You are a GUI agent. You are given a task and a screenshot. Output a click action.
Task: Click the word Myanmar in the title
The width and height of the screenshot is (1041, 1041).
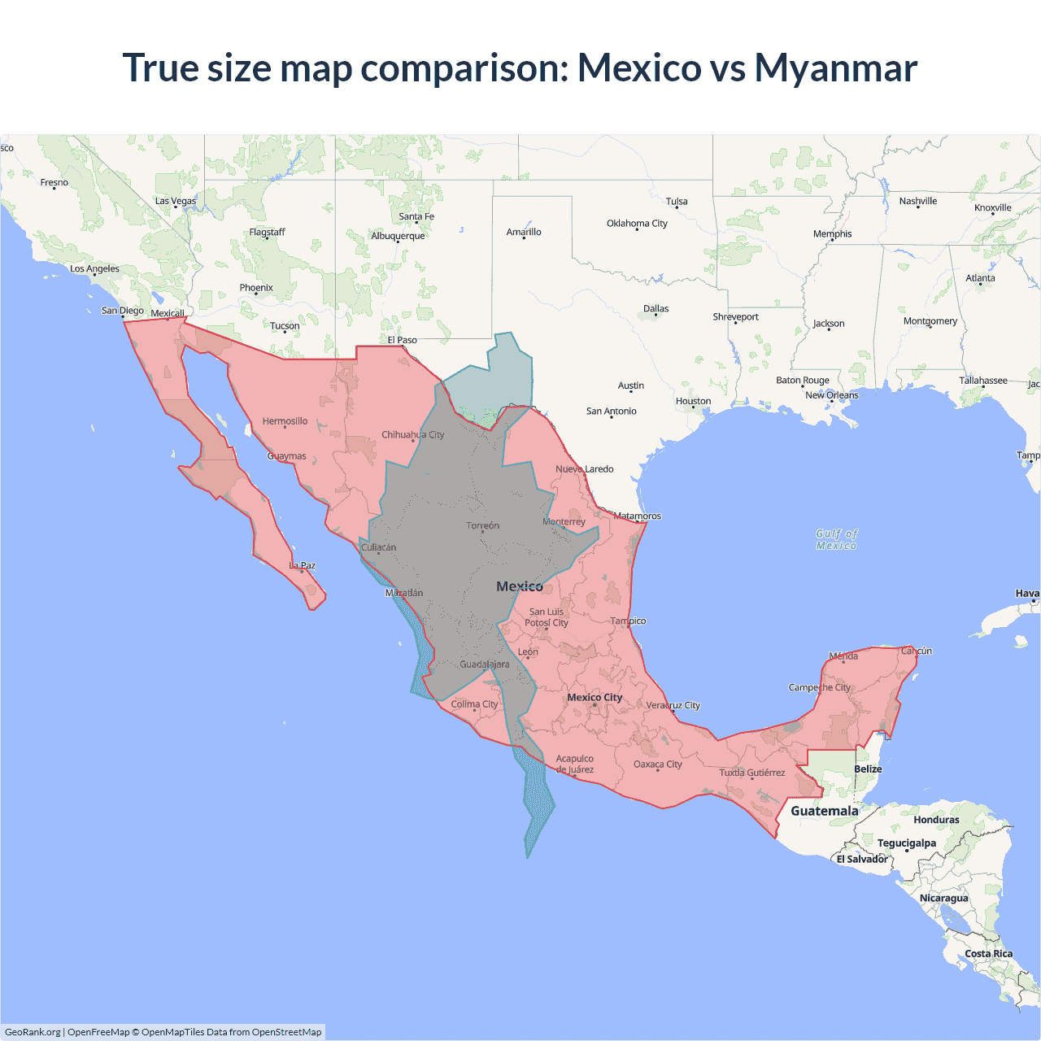coord(835,68)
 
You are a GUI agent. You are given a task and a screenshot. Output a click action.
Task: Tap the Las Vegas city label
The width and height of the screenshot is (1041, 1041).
coord(176,201)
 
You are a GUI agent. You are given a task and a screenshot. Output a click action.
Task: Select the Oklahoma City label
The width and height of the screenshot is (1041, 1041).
coord(637,224)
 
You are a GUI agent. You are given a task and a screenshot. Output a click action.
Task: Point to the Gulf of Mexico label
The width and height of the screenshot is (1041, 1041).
coord(836,539)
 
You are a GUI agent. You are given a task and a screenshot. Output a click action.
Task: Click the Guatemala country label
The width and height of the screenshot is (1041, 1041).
coord(824,811)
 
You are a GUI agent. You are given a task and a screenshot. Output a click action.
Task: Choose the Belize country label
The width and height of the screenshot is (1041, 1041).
coord(868,769)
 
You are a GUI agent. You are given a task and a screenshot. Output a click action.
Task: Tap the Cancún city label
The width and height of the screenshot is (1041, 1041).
coord(916,651)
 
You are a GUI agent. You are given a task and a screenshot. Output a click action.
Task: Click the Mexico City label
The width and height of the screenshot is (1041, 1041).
coord(595,697)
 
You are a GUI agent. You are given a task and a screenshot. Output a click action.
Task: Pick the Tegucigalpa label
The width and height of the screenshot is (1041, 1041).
coord(906,843)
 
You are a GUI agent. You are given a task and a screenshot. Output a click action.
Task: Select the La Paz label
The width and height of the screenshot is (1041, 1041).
coord(303,565)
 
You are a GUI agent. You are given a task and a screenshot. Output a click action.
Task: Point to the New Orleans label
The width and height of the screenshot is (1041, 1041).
coord(831,395)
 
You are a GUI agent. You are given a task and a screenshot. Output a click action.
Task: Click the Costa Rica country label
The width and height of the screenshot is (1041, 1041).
coord(988,953)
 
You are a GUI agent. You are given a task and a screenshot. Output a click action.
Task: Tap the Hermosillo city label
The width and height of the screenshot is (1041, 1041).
coord(285,421)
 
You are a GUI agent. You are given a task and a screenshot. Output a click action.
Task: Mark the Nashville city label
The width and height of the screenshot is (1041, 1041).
coord(917,201)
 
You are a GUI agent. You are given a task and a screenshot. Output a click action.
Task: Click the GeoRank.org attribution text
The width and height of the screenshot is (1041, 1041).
coord(33,1032)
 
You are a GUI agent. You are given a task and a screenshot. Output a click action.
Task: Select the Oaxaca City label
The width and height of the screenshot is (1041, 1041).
coord(657,764)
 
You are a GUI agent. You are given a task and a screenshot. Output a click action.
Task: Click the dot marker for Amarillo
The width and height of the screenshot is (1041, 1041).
coord(524,238)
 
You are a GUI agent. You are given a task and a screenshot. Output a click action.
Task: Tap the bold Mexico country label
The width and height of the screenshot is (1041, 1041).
coord(519,586)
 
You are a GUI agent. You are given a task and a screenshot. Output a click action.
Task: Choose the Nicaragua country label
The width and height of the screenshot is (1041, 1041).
coord(943,898)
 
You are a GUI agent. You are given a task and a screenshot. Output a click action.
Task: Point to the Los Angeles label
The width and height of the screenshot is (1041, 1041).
coord(94,268)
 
